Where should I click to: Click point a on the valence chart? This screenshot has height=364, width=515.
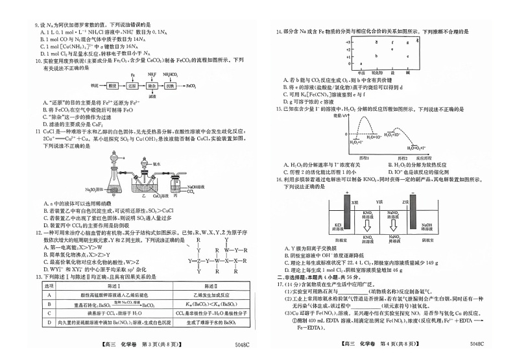(x=361, y=64)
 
